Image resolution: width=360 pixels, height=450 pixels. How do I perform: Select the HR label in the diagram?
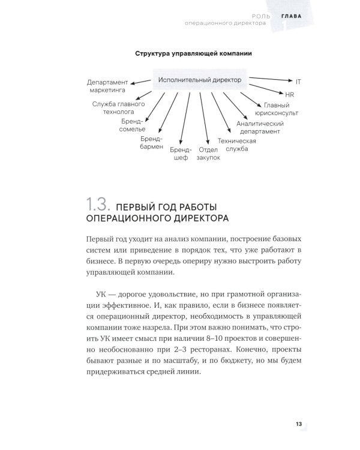coord(289,94)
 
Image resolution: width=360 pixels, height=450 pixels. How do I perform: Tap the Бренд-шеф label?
coord(181,153)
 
